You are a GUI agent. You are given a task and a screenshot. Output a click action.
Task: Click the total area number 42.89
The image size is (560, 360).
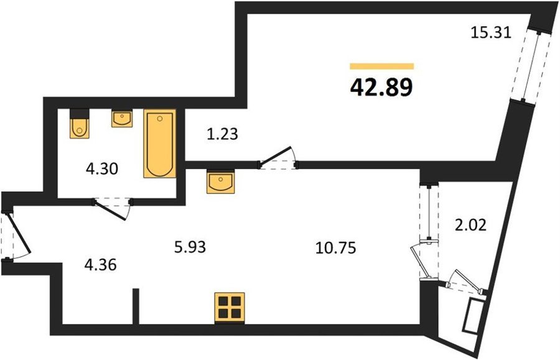point(381,88)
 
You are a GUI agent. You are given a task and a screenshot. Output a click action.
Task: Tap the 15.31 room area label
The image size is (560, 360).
point(491,33)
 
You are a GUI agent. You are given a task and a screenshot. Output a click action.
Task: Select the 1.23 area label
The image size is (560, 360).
point(222,134)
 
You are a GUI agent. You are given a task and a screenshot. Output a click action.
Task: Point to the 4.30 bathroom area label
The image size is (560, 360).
point(102,168)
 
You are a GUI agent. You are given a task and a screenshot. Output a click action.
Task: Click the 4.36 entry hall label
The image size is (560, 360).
point(100,265)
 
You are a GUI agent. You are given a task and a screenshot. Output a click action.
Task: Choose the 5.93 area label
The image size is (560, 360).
point(190,247)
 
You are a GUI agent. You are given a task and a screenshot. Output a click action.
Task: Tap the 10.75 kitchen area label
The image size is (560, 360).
point(336,247)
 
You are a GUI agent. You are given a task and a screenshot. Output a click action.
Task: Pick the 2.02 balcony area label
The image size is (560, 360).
point(470,226)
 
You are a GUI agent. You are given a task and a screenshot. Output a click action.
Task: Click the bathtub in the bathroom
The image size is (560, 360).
point(160,144)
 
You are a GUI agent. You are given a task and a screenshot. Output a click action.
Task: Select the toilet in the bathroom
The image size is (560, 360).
point(79,123)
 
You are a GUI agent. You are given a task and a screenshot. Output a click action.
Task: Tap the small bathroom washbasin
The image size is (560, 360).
point(122,119)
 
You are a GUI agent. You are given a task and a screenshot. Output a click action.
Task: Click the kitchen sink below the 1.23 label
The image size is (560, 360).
point(220,182)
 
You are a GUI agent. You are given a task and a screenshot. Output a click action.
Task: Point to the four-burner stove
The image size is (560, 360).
point(230,307)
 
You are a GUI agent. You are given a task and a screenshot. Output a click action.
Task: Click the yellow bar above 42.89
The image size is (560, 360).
point(382,67)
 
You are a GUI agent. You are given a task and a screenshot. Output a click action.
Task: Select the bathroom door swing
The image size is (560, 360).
point(113,209)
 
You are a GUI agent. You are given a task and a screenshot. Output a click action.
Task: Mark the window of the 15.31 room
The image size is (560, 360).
point(530,66)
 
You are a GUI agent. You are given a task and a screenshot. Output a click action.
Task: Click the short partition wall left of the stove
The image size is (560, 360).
point(136,306)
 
